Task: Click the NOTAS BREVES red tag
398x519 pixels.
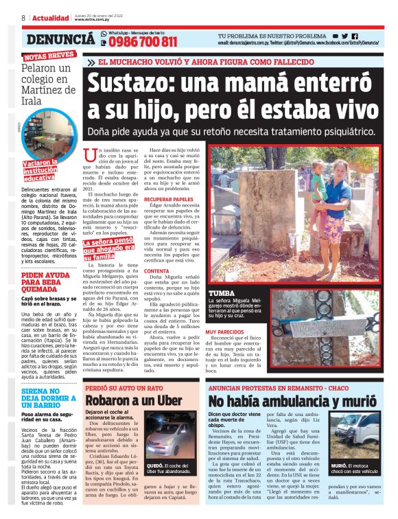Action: [x=49, y=56]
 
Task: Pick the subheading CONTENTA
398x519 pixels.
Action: [x=156, y=271]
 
